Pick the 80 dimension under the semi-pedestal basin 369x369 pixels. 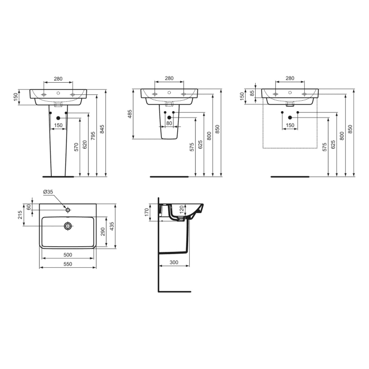(169, 123)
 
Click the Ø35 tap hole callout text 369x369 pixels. (48, 192)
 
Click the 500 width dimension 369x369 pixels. (68, 255)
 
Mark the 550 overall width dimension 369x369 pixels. (68, 264)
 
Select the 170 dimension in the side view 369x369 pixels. (148, 212)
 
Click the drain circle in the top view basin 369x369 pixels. (67, 226)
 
